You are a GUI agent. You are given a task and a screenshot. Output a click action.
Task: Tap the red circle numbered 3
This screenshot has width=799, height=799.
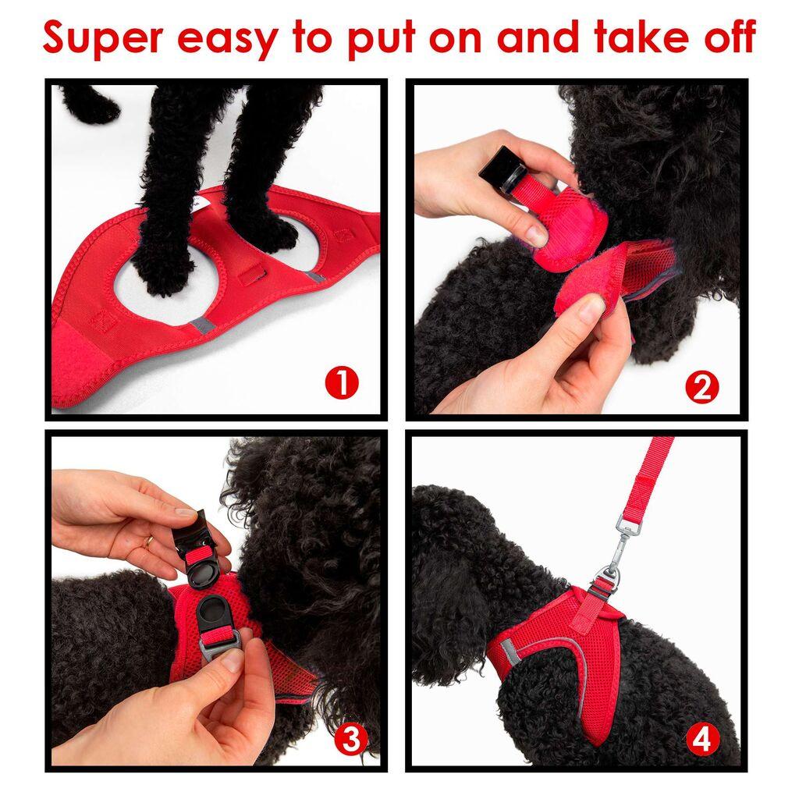pyautogui.click(x=350, y=738)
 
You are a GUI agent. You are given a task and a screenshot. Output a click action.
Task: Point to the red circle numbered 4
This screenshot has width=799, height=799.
pyautogui.click(x=701, y=738)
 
